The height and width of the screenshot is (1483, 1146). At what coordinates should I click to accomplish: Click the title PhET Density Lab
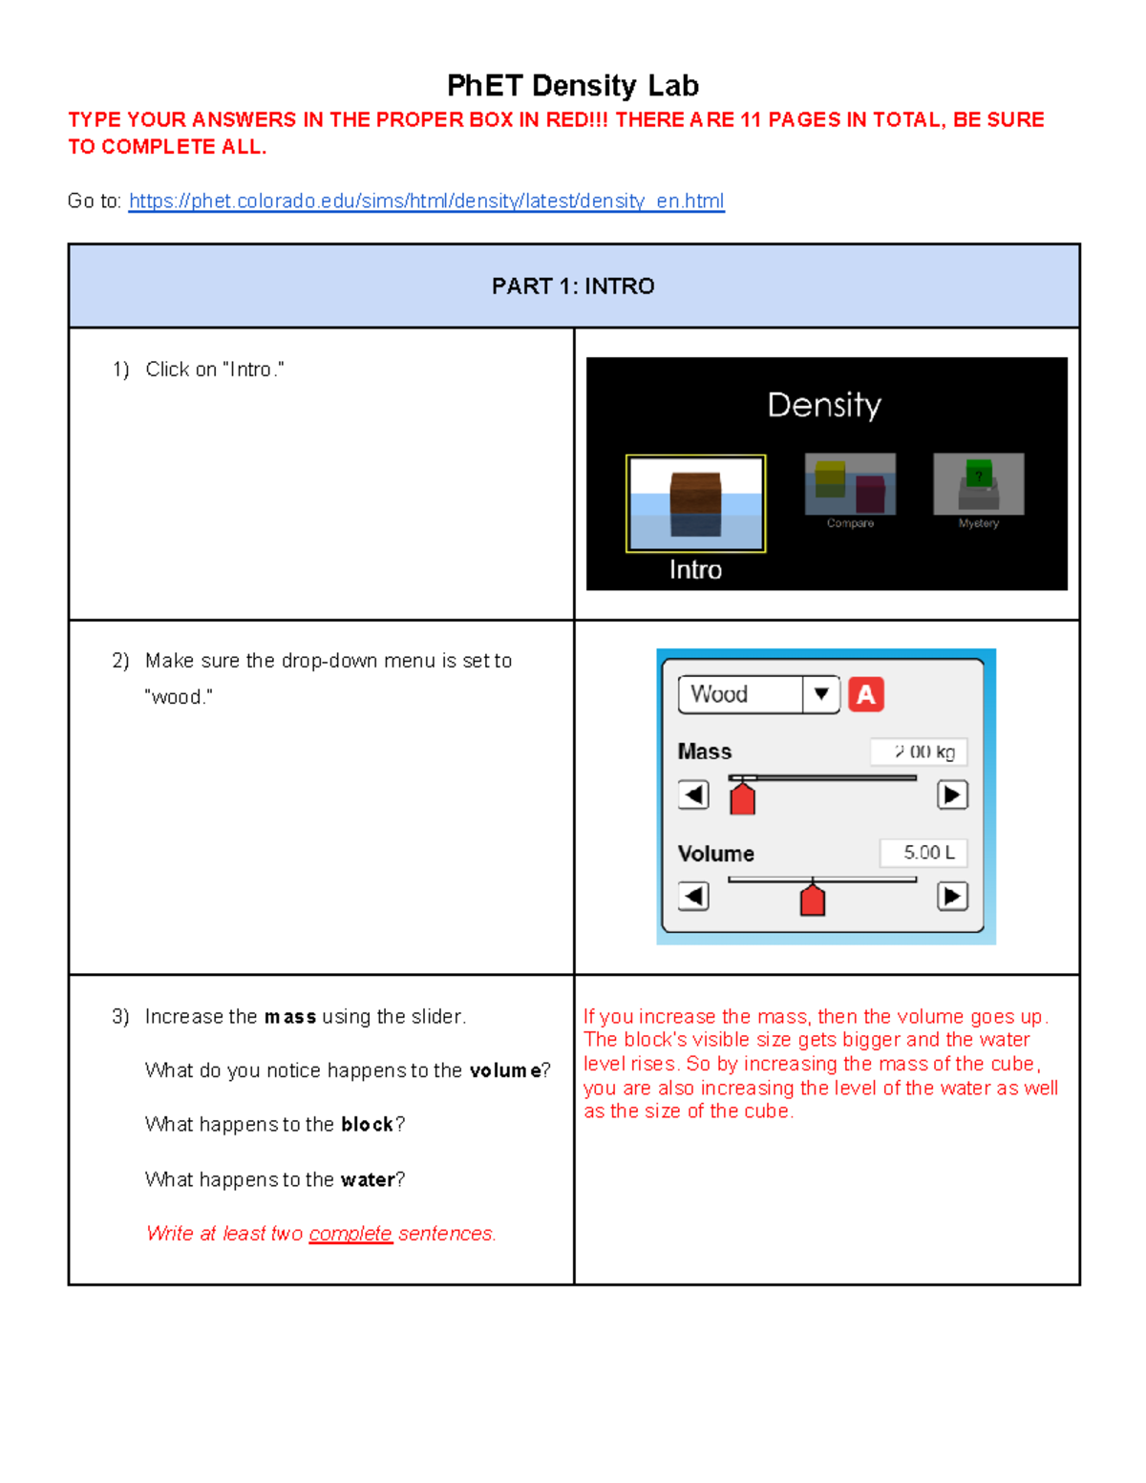[573, 86]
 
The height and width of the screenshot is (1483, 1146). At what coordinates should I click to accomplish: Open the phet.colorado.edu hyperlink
[426, 201]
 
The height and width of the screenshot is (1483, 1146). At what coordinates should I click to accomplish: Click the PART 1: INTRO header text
[573, 286]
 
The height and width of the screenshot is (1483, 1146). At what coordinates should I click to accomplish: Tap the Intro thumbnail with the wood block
[695, 503]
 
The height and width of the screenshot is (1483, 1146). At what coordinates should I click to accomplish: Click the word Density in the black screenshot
[824, 405]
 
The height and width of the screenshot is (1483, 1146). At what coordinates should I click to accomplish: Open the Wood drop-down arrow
[820, 694]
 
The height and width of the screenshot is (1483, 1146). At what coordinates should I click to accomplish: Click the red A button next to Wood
[866, 694]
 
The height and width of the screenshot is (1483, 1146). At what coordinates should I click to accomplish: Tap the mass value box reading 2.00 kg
[919, 752]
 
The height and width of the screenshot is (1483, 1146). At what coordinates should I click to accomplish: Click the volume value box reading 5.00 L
[923, 853]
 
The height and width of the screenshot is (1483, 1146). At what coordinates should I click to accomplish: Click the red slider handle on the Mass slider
[742, 797]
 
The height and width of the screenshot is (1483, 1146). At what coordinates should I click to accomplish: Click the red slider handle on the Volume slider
[812, 900]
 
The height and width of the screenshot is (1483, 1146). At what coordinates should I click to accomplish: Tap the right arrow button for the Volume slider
[952, 896]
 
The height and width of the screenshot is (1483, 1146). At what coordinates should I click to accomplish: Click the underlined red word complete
[350, 1234]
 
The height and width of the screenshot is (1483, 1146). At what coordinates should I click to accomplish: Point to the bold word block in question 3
[368, 1125]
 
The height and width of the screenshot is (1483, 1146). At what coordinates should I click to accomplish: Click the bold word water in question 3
[368, 1180]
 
